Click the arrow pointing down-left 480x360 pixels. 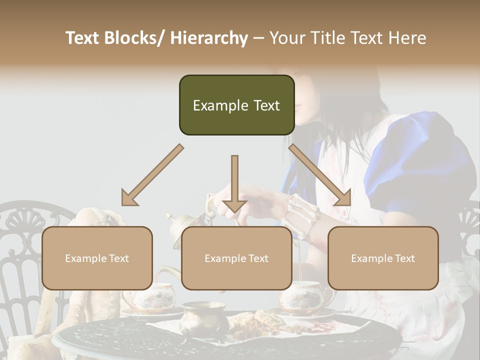[x=152, y=175]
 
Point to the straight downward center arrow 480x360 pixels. [x=234, y=182]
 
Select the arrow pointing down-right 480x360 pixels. [x=320, y=175]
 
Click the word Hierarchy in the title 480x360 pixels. [x=209, y=38]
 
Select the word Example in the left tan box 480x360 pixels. [x=83, y=258]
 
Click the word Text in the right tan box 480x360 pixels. [x=404, y=258]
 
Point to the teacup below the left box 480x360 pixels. [x=153, y=297]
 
